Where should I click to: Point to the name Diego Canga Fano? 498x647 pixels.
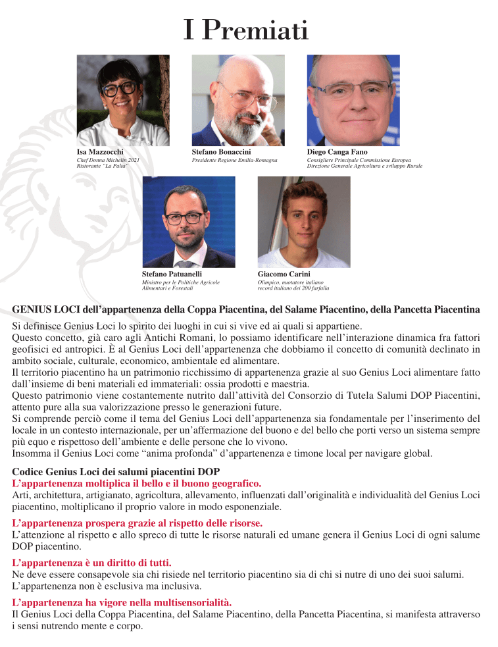337,152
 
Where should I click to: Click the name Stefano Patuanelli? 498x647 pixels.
172,273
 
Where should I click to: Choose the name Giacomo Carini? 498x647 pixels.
284,273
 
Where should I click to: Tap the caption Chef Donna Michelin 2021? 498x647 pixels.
108,161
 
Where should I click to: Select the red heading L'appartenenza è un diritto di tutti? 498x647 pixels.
92,563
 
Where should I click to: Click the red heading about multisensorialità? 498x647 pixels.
122,602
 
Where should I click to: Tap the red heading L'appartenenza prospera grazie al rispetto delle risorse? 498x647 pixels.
137,523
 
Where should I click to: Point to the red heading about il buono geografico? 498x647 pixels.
137,483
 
